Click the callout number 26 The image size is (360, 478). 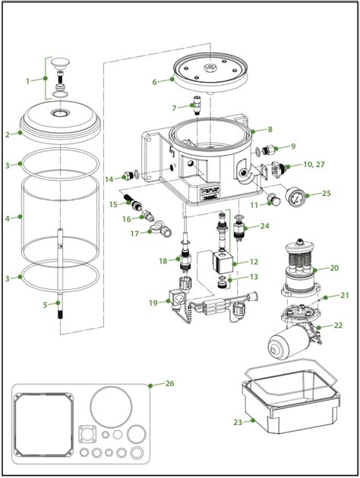170,382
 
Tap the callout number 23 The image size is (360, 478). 237,421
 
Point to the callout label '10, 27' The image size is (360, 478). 313,164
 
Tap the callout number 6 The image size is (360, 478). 154,80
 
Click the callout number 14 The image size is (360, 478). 109,178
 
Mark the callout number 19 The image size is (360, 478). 153,302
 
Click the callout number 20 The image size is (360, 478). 334,268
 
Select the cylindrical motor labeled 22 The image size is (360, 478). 289,345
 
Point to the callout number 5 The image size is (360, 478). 45,304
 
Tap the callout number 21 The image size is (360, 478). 344,296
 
